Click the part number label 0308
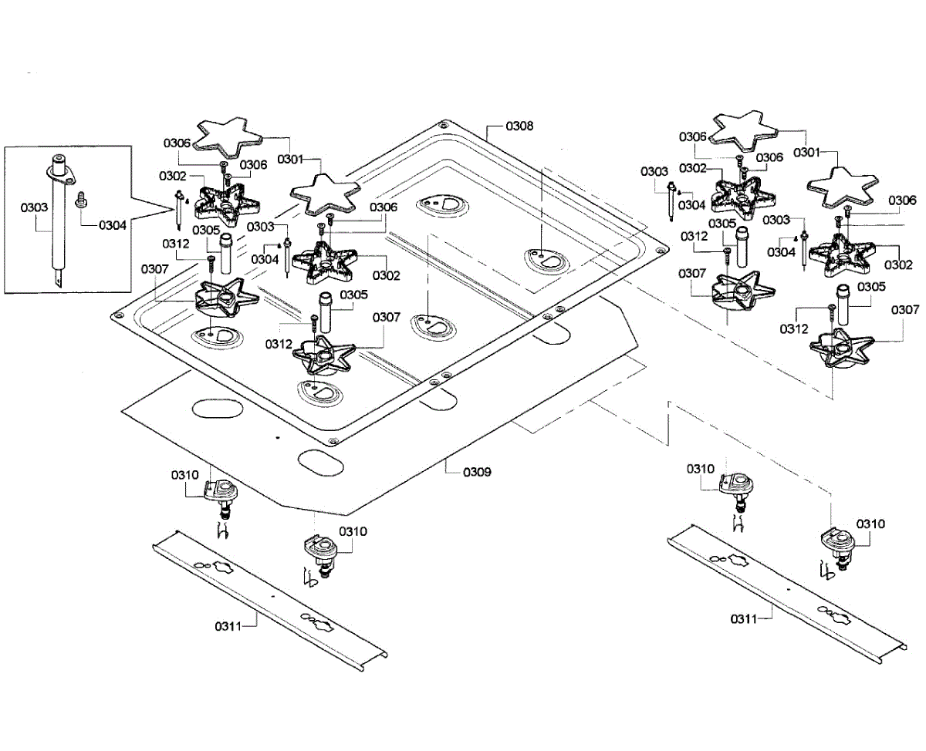pyautogui.click(x=519, y=125)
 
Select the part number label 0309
pyautogui.click(x=477, y=471)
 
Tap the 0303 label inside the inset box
pyautogui.click(x=33, y=207)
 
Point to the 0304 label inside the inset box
pyautogui.click(x=112, y=225)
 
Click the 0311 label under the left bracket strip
pyautogui.click(x=228, y=626)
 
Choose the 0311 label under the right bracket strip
pyautogui.click(x=744, y=618)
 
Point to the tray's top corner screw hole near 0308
pyautogui.click(x=443, y=125)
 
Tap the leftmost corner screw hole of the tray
pyautogui.click(x=118, y=315)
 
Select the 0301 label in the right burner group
pyautogui.click(x=806, y=152)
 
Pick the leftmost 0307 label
pyautogui.click(x=154, y=268)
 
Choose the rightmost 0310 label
pyautogui.click(x=871, y=524)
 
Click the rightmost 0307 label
pyautogui.click(x=906, y=309)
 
